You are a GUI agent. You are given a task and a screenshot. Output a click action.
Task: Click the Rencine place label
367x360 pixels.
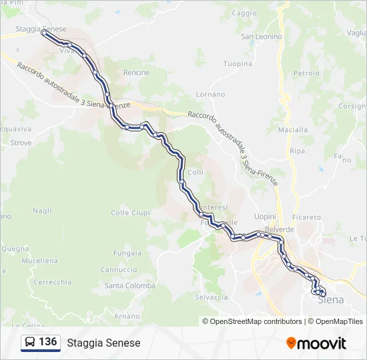(x=136, y=73)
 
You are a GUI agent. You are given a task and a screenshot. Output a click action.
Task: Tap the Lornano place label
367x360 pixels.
(x=210, y=95)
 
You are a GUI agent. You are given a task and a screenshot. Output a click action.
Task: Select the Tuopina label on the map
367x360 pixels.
(x=238, y=64)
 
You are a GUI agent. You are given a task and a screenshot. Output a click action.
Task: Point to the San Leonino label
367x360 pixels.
(x=262, y=37)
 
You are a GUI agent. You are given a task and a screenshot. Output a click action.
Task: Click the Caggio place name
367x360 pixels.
(x=244, y=13)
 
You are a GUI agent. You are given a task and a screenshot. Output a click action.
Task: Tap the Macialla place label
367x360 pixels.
(x=293, y=129)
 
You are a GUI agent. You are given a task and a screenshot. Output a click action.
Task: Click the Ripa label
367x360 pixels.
(x=298, y=151)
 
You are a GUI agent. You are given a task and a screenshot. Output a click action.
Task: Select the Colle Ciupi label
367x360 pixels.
(x=130, y=213)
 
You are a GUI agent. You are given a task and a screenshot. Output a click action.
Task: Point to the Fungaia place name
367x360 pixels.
(x=127, y=253)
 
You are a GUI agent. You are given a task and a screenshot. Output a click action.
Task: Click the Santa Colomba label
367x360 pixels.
(x=130, y=285)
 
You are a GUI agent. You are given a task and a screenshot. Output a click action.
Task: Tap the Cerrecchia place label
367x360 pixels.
(x=52, y=282)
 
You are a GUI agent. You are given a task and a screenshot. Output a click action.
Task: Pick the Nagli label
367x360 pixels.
(x=42, y=211)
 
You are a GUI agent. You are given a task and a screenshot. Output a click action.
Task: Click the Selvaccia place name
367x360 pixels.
(x=212, y=297)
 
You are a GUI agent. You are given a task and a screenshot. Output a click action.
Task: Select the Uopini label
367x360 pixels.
(x=266, y=217)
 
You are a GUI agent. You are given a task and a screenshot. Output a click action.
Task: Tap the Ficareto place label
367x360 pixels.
(x=306, y=217)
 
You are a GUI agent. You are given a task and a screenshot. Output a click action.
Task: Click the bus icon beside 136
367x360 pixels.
(x=30, y=343)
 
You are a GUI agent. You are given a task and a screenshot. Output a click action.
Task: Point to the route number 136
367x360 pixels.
(x=47, y=342)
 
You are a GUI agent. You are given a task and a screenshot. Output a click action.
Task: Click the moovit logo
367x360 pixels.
(x=316, y=343)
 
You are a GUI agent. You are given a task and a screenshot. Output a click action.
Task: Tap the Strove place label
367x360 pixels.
(x=21, y=143)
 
